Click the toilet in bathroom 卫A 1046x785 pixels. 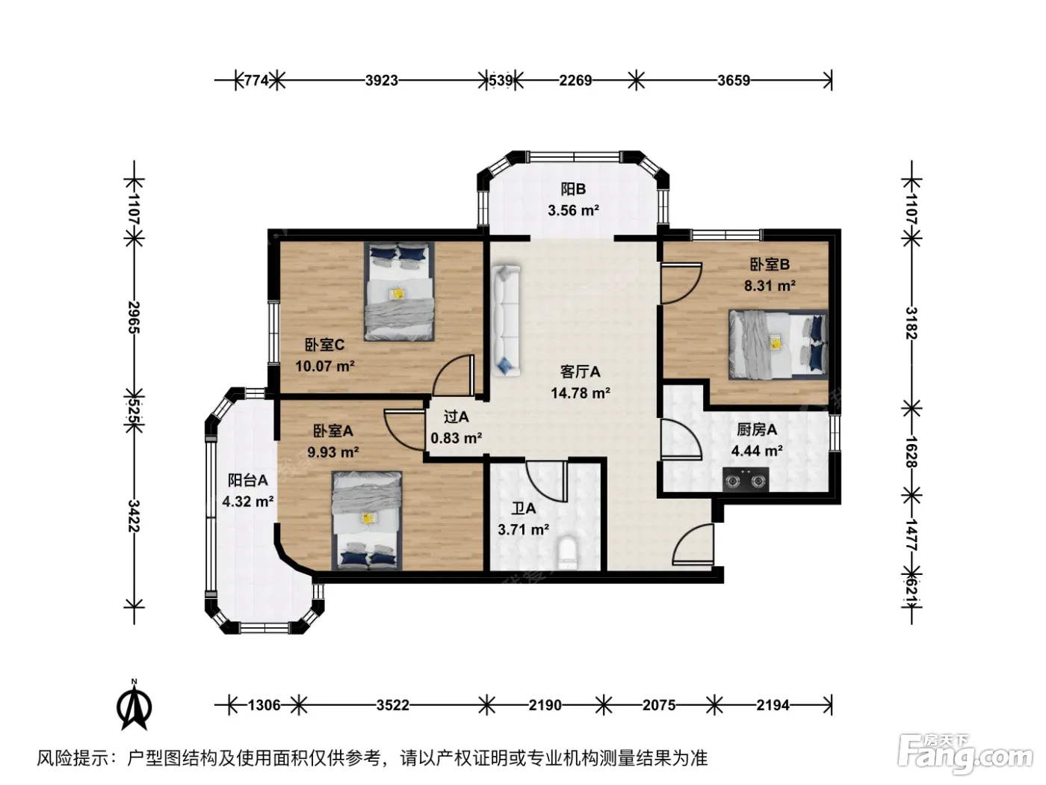click(x=566, y=553)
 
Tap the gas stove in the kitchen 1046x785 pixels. click(x=746, y=479)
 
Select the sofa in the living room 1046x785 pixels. click(x=506, y=321)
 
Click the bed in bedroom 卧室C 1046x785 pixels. click(x=399, y=292)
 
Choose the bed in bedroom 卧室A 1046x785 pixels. click(x=367, y=521)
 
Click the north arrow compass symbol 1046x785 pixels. click(x=134, y=705)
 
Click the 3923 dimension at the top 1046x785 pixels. click(x=382, y=81)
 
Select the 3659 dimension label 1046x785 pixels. click(x=734, y=81)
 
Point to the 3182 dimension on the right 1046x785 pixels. click(x=911, y=323)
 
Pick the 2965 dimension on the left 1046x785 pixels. click(x=134, y=317)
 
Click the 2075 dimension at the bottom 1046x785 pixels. click(x=659, y=705)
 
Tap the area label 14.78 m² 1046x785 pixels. click(x=581, y=393)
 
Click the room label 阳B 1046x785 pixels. click(x=573, y=189)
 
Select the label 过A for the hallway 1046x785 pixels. click(x=456, y=416)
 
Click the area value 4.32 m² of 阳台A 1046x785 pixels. click(x=248, y=502)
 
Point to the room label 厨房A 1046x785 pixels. click(x=757, y=429)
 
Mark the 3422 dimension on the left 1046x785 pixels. click(x=134, y=516)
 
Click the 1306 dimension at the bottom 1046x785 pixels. click(x=264, y=705)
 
